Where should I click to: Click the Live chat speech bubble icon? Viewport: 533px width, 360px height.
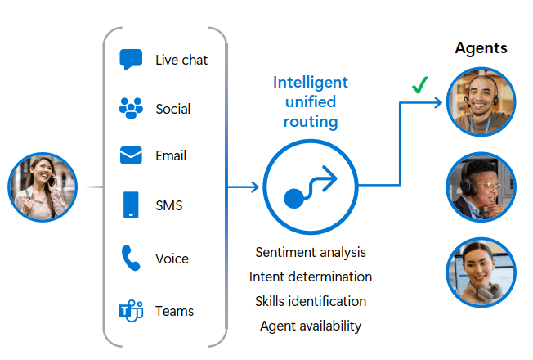(x=131, y=59)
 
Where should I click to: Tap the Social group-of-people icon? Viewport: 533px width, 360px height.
(x=131, y=108)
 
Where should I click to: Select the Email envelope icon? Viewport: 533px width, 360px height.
(x=131, y=155)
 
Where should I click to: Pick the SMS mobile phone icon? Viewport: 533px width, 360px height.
(x=131, y=205)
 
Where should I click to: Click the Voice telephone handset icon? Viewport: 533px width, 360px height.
(x=131, y=258)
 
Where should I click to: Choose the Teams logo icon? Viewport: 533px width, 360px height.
(x=131, y=311)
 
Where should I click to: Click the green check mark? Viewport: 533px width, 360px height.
(x=420, y=85)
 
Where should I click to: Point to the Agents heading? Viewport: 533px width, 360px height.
(x=481, y=48)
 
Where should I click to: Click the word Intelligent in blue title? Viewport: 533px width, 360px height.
(x=311, y=83)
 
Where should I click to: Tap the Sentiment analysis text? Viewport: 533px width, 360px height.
(x=311, y=253)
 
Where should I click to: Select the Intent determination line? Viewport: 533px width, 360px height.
(x=311, y=277)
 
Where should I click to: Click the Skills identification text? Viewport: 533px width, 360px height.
(x=311, y=301)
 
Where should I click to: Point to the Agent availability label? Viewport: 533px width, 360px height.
(x=311, y=326)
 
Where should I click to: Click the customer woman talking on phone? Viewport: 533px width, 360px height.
(x=43, y=187)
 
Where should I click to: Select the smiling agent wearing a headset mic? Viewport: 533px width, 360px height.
(x=481, y=101)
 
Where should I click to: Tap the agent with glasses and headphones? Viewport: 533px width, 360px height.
(x=481, y=187)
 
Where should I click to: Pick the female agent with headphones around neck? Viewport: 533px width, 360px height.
(x=481, y=272)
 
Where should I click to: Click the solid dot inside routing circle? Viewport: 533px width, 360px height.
(x=293, y=198)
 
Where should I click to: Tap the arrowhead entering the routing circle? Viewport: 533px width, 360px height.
(x=255, y=187)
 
